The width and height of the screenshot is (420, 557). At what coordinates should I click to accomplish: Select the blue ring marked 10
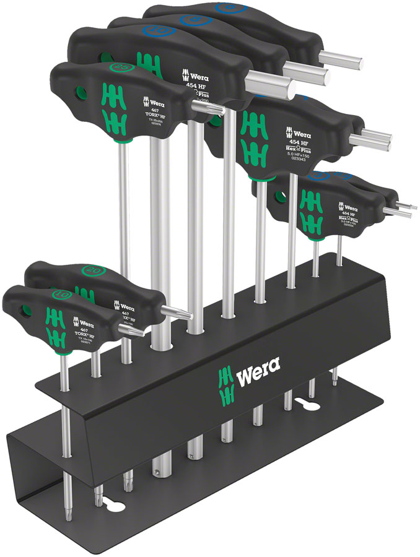(154, 31)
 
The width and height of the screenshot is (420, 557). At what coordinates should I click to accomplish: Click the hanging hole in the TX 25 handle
(79, 95)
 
